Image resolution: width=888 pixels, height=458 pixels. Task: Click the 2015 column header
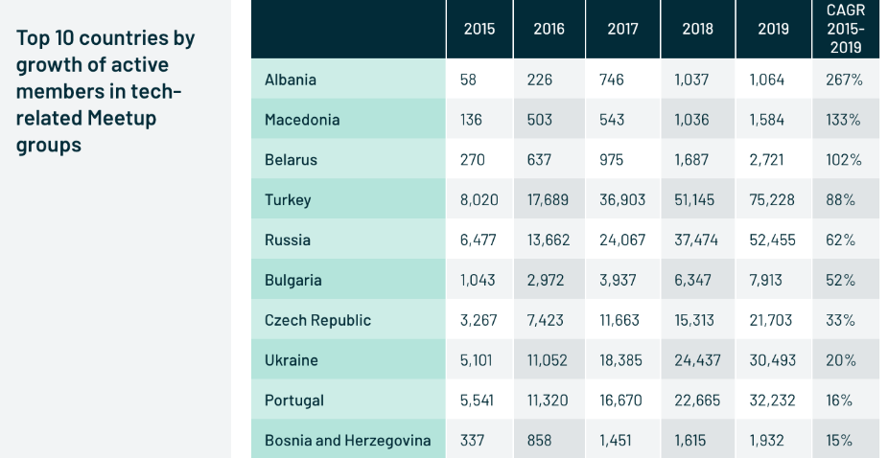[479, 29]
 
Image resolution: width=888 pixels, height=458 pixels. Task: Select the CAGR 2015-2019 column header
[844, 29]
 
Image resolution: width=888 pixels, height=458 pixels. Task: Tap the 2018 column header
[697, 29]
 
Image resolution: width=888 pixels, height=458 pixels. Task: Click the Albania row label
[291, 80]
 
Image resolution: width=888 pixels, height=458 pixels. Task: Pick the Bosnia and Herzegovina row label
[347, 441]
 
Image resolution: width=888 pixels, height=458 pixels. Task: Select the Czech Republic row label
[317, 320]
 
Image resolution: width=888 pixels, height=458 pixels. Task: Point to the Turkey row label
[288, 200]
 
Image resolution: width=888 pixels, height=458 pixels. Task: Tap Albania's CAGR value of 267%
[844, 80]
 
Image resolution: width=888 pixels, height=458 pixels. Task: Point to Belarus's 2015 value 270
[473, 160]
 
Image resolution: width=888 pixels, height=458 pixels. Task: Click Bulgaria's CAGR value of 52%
[840, 281]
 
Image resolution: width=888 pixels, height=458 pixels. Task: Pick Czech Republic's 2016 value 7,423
[547, 320]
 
